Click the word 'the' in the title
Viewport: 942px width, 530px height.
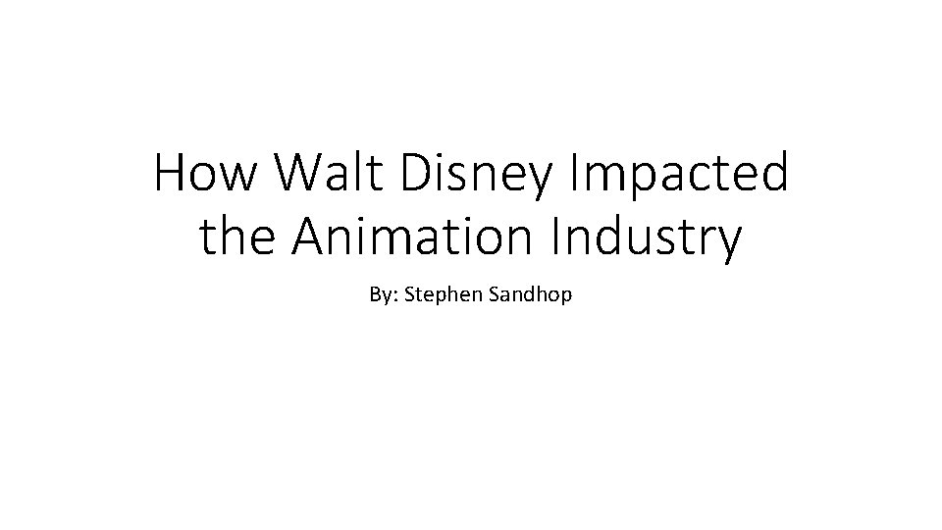235,238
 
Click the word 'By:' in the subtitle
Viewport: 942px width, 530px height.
383,293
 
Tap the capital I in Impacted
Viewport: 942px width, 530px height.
574,175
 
